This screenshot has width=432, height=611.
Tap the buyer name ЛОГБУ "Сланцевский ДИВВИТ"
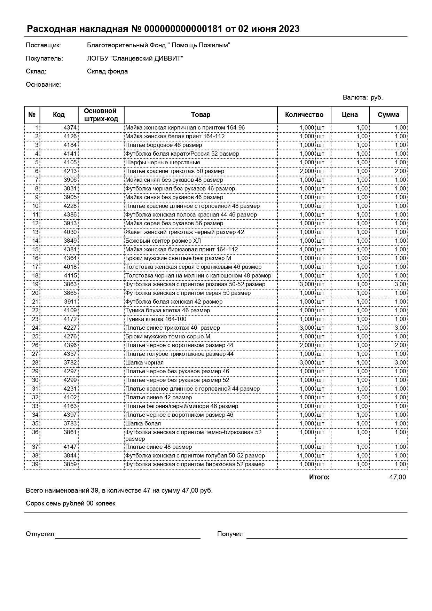(x=135, y=58)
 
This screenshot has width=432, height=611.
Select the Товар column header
(x=201, y=115)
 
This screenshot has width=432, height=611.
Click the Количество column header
(x=304, y=115)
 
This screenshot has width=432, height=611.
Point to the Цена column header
(x=349, y=115)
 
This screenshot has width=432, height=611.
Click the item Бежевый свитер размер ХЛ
(x=163, y=241)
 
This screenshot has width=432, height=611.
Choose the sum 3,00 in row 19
(x=400, y=284)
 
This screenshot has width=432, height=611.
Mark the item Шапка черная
(x=144, y=363)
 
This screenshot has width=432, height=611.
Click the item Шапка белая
(x=143, y=424)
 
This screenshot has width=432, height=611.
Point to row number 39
(x=35, y=464)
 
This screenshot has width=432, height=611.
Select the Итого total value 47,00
(x=397, y=477)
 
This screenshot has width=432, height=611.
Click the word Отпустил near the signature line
(x=40, y=534)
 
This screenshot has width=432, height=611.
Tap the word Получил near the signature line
(x=230, y=534)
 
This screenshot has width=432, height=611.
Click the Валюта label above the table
(x=355, y=97)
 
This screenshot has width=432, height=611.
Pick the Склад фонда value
(x=107, y=71)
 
